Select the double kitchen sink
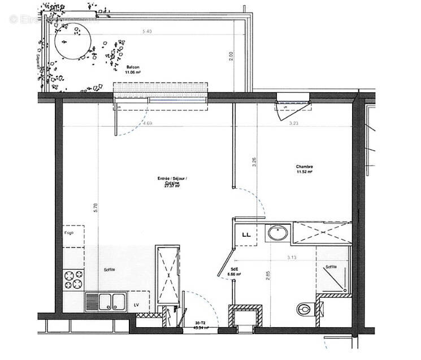click(107, 301)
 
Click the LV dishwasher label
click(136, 306)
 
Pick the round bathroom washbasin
click(277, 233)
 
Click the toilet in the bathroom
click(306, 309)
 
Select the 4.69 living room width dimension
click(148, 123)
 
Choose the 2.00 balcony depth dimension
click(231, 56)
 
